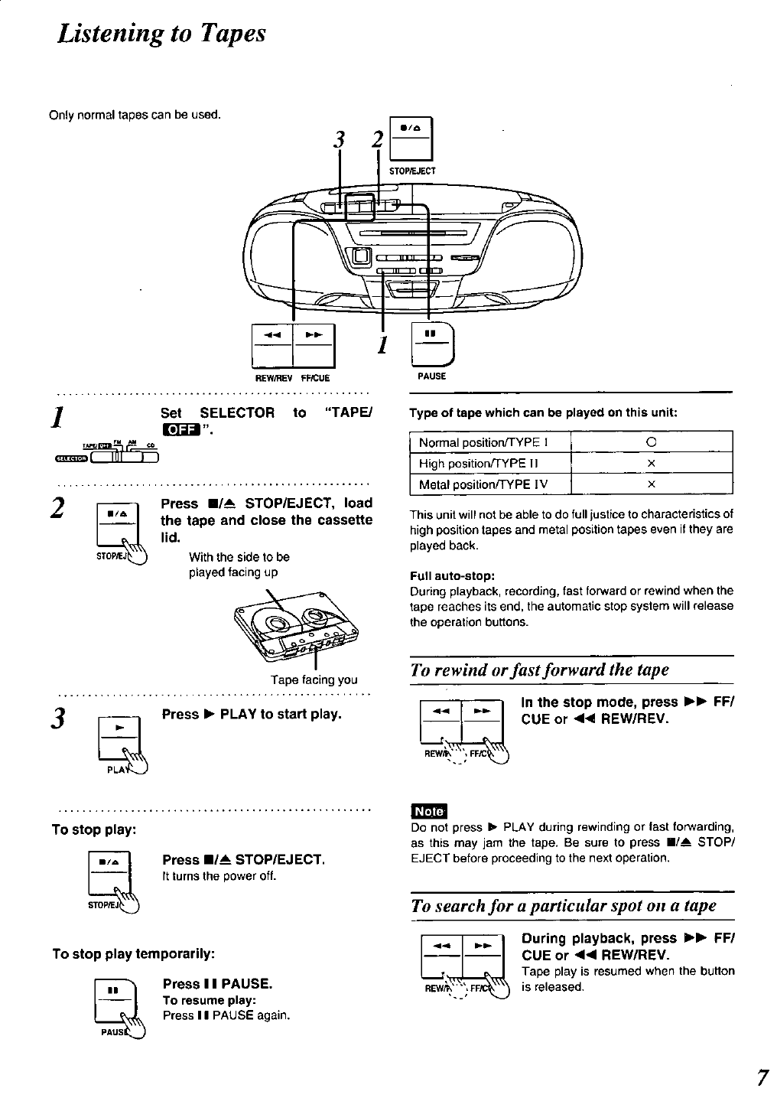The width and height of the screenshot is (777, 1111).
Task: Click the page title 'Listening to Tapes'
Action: [161, 33]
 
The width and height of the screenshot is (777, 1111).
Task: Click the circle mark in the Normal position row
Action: [652, 442]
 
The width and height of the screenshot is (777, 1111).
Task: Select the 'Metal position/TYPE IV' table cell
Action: [483, 484]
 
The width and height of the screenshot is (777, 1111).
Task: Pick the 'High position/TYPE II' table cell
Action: [480, 464]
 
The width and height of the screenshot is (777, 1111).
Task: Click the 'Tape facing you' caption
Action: [314, 679]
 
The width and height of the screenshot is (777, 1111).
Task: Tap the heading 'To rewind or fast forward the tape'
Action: [539, 670]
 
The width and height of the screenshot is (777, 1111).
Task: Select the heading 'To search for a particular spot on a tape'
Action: [564, 906]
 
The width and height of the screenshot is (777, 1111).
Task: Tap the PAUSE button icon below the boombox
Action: [432, 345]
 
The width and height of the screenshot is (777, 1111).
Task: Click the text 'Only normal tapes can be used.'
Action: [135, 116]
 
